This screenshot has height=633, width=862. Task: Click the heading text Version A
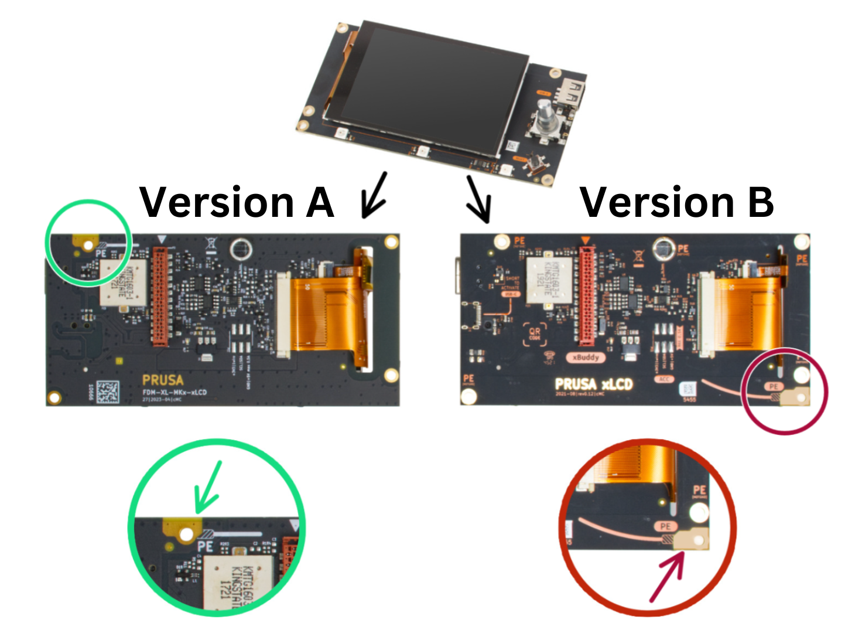click(237, 202)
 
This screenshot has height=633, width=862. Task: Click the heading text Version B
click(676, 202)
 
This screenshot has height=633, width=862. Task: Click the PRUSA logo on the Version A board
click(162, 380)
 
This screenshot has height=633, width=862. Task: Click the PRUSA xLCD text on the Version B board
click(594, 384)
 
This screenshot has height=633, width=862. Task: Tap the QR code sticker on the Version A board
click(107, 392)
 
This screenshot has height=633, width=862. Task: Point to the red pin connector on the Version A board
click(160, 295)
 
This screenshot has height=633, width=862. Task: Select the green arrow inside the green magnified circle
click(208, 486)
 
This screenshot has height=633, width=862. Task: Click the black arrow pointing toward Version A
click(374, 195)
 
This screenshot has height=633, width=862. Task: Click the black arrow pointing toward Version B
click(478, 199)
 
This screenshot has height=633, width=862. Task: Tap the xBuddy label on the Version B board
click(586, 357)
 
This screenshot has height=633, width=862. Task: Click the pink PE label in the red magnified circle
click(665, 526)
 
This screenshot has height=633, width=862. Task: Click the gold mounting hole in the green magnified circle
click(187, 534)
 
